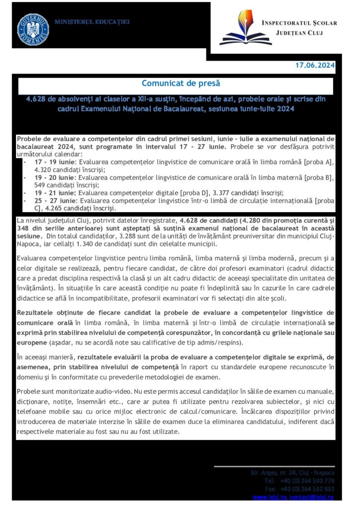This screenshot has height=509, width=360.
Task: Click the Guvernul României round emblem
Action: point(33,28)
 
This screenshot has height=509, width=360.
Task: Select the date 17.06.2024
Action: point(315,65)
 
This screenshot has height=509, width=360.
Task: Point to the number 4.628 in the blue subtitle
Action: point(37,99)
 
